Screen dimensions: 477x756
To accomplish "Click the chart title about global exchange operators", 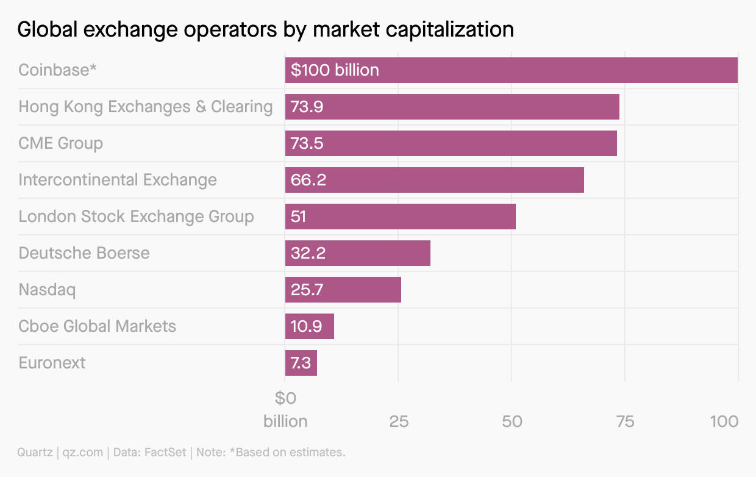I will pyautogui.click(x=265, y=29).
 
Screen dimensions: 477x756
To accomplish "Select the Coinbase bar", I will pyautogui.click(x=511, y=70).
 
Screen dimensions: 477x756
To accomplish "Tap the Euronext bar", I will pyautogui.click(x=301, y=363).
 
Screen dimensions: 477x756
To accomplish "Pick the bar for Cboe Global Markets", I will pyautogui.click(x=310, y=326).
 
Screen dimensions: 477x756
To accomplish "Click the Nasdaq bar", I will pyautogui.click(x=343, y=290).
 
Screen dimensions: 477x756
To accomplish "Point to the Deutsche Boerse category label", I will pyautogui.click(x=84, y=253).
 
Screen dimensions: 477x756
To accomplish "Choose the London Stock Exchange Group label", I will pyautogui.click(x=136, y=217).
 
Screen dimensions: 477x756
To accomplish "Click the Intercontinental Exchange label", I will pyautogui.click(x=118, y=180).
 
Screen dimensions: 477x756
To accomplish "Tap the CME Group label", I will pyautogui.click(x=61, y=143).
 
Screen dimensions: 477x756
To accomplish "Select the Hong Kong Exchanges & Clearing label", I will pyautogui.click(x=146, y=107).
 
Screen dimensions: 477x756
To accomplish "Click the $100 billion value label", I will pyautogui.click(x=335, y=70).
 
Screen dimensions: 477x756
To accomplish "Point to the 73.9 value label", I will pyautogui.click(x=307, y=107).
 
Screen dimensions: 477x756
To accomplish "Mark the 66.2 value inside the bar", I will pyautogui.click(x=307, y=180).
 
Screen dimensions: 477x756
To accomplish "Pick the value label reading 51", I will pyautogui.click(x=299, y=217).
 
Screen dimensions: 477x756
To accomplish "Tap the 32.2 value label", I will pyautogui.click(x=308, y=253).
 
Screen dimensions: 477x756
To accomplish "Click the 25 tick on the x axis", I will pyautogui.click(x=399, y=421).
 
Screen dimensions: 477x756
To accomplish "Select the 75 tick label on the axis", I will pyautogui.click(x=626, y=421).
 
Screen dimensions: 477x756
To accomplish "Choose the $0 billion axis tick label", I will pyautogui.click(x=285, y=410).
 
